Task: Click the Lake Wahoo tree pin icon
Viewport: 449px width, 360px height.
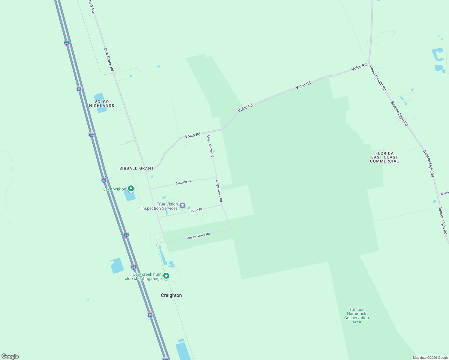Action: [131, 188]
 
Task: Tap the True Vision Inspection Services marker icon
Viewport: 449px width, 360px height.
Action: [182, 206]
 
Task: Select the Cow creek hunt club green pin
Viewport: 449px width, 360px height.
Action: [166, 276]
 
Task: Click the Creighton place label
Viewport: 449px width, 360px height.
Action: [171, 295]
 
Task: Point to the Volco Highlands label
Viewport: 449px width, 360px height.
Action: [102, 104]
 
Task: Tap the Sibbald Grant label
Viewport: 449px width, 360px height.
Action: [137, 168]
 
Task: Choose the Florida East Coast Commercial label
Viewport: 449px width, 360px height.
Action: [384, 157]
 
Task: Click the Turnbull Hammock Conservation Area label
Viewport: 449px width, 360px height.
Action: [357, 316]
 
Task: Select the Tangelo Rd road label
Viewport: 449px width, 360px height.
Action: [183, 182]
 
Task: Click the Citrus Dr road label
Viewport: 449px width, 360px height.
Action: [196, 210]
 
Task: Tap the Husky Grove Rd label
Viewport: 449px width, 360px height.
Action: [198, 236]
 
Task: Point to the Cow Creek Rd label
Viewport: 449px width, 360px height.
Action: [109, 59]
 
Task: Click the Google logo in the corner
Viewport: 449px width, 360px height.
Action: [10, 356]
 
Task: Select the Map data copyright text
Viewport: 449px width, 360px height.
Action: [430, 358]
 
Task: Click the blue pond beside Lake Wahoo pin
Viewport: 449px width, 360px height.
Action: [130, 196]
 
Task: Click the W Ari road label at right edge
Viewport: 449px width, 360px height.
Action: [444, 193]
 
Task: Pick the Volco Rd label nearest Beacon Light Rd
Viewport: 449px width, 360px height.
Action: [359, 67]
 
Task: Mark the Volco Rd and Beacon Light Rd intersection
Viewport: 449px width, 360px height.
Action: [369, 63]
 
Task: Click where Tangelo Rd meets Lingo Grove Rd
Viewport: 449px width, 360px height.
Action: [216, 177]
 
